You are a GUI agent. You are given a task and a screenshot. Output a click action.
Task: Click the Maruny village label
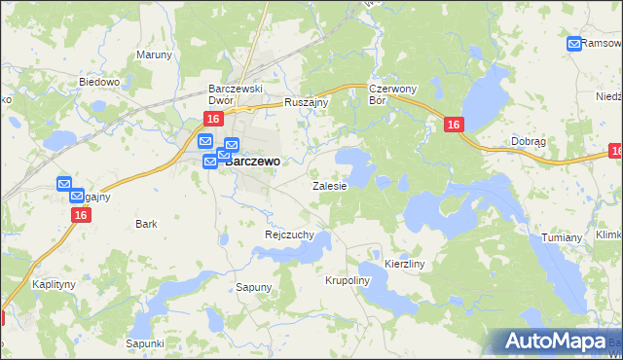(154, 54)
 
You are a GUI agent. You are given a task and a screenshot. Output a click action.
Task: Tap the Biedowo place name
(98, 83)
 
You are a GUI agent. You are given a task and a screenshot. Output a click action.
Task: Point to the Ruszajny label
(308, 101)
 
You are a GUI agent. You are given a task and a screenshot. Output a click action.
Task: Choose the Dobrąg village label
(528, 141)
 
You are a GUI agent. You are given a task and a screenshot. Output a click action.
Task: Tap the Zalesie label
(329, 185)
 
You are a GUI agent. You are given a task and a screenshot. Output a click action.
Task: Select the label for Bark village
(146, 224)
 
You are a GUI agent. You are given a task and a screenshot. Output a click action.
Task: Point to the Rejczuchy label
(288, 234)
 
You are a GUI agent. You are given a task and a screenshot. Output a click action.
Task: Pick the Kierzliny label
(405, 263)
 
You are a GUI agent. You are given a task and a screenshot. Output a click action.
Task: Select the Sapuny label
(254, 287)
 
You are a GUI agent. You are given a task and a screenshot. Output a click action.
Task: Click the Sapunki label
(144, 342)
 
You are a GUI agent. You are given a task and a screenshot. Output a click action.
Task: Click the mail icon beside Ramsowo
(573, 44)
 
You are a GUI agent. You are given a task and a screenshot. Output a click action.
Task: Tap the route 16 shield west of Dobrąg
(454, 125)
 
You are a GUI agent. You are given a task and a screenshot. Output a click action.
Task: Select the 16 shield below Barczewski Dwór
(213, 118)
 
